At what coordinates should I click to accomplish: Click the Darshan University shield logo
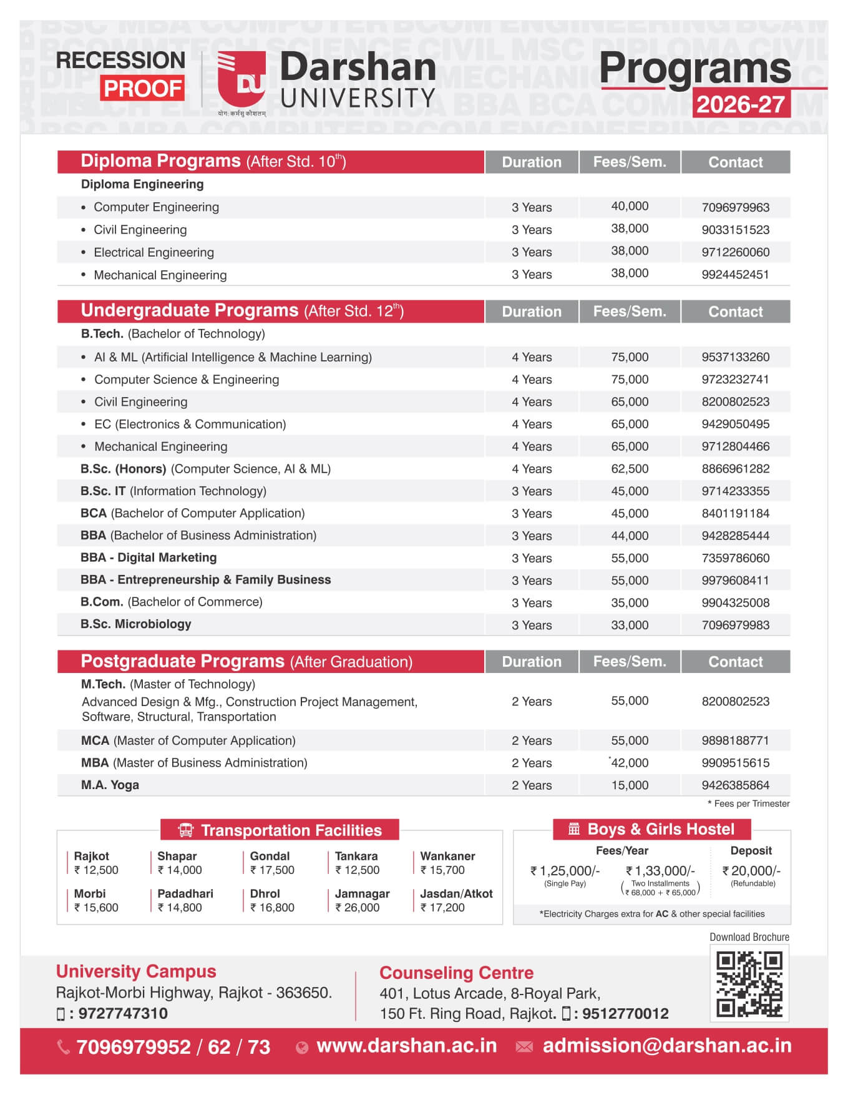click(x=241, y=80)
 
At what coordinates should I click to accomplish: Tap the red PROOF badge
click(x=142, y=89)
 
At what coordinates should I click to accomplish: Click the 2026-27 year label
click(x=741, y=104)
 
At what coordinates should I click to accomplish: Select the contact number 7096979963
click(x=735, y=207)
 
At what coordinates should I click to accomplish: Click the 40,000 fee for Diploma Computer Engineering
click(x=630, y=206)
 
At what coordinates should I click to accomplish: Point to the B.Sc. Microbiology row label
click(x=136, y=624)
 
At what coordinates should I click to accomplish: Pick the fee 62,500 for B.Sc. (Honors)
click(x=630, y=469)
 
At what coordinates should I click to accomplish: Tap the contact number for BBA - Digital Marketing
click(x=735, y=558)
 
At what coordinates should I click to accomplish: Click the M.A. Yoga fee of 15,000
click(x=630, y=785)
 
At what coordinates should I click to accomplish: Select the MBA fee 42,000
click(x=630, y=763)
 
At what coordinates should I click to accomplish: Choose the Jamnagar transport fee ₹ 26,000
click(x=358, y=908)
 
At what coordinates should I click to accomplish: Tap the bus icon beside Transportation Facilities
click(x=185, y=830)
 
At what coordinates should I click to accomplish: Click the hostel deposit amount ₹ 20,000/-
click(x=751, y=870)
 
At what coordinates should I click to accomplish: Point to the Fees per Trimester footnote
click(x=748, y=803)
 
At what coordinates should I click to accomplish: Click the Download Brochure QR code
click(x=749, y=984)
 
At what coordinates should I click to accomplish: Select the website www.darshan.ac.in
click(x=406, y=1046)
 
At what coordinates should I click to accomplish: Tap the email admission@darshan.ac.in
click(x=666, y=1046)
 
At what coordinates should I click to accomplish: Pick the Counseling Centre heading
click(x=456, y=973)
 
